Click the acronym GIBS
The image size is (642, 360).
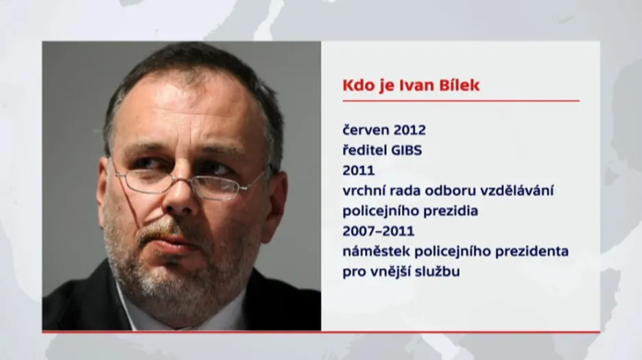[406, 150]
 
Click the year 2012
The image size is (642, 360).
[409, 130]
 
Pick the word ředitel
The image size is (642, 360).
[364, 150]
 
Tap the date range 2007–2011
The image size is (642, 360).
[379, 231]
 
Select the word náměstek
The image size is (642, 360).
[377, 251]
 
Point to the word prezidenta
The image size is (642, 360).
[532, 252]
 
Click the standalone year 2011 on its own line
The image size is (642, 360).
[359, 170]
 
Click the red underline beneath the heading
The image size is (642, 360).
[461, 100]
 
